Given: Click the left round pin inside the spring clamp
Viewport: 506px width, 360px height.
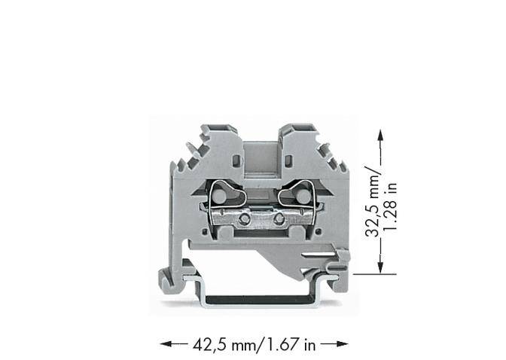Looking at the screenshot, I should (218, 197).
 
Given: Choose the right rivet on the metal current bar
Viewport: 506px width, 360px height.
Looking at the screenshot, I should (279, 219).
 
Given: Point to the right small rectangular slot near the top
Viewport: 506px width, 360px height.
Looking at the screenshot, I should (287, 160).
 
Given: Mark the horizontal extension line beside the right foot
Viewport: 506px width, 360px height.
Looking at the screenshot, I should (370, 274).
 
